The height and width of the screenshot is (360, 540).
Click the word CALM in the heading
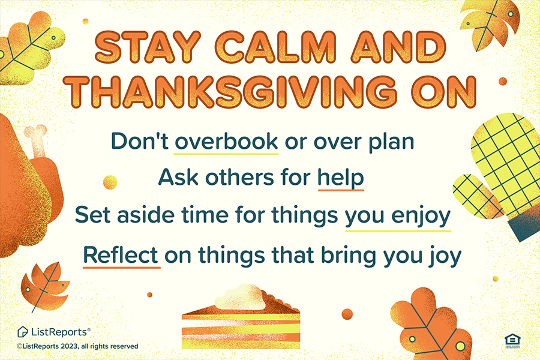pyautogui.click(x=276, y=47)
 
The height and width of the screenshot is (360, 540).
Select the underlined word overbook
pyautogui.click(x=226, y=141)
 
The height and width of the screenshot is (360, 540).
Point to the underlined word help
pyautogui.click(x=341, y=178)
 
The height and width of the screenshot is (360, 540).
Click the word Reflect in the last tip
pyautogui.click(x=121, y=255)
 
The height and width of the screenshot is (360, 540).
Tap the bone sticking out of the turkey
pyautogui.click(x=37, y=140)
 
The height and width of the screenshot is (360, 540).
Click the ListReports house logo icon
pyautogui.click(x=22, y=332)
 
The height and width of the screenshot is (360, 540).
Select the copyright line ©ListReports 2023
pyautogui.click(x=77, y=346)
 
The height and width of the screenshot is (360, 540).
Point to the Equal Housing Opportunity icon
pyautogui.click(x=512, y=341)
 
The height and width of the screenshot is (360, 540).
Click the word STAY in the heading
pyautogui.click(x=148, y=47)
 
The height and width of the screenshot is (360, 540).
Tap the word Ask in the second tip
pyautogui.click(x=178, y=178)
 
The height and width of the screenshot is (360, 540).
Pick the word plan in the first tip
pyautogui.click(x=391, y=143)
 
